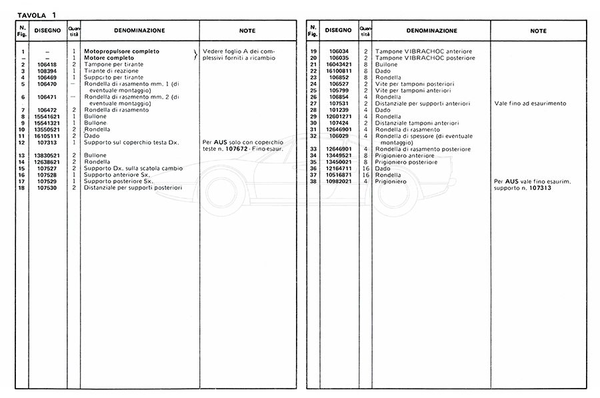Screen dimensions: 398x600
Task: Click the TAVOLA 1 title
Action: tap(37, 15)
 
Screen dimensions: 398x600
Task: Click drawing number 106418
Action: tap(47, 65)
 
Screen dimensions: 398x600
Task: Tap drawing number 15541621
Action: tap(47, 116)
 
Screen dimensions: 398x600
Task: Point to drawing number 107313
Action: tap(47, 142)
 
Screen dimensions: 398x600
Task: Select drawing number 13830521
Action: tap(47, 155)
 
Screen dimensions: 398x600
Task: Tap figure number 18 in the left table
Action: tap(23, 187)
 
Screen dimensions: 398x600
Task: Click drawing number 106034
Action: tap(338, 52)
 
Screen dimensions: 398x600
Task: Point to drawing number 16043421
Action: tap(338, 65)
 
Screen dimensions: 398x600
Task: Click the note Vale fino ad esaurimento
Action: tap(531, 103)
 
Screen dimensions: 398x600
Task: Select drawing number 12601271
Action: tap(338, 116)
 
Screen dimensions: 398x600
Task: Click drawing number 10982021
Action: tap(338, 181)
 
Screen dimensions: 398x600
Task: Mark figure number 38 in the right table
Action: tap(313, 181)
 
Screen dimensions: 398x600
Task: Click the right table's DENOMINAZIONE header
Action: tap(431, 31)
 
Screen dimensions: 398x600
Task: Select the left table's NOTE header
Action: tap(247, 31)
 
